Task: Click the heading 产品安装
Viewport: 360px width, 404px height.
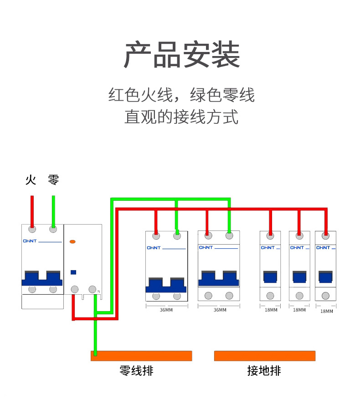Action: click(181, 55)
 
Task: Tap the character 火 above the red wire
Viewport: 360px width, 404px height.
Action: click(31, 180)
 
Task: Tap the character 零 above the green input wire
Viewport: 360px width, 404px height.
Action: click(53, 180)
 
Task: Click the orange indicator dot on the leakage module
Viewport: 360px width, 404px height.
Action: click(72, 242)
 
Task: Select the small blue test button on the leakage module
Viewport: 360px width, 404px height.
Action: click(73, 272)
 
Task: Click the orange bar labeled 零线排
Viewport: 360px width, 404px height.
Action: click(141, 356)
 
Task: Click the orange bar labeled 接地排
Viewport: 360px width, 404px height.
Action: click(264, 356)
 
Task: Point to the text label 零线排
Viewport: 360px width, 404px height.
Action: click(136, 371)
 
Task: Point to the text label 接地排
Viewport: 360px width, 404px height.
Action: click(264, 371)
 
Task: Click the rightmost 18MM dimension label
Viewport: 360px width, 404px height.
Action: click(327, 312)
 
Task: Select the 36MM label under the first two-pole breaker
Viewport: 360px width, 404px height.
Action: click(166, 310)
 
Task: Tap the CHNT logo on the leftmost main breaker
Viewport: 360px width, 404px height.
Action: click(29, 241)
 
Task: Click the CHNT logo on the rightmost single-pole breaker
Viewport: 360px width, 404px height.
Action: click(323, 248)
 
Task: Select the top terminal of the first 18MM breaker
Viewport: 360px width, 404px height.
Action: click(270, 236)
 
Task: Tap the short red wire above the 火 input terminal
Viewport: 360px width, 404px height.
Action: click(32, 210)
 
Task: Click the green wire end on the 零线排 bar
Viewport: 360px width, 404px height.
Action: click(95, 353)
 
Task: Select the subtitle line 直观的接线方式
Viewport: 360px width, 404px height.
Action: click(181, 117)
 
